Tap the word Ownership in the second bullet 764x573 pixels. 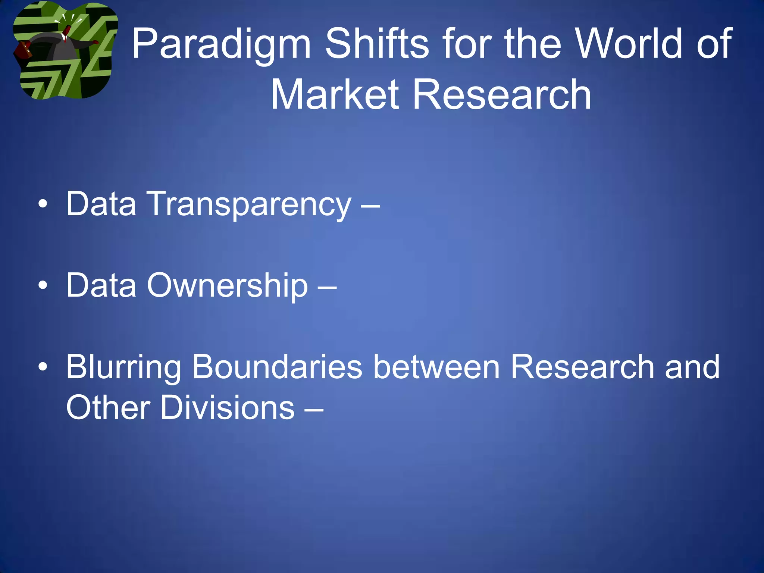228,285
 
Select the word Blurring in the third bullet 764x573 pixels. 123,367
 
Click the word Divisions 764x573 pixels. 228,407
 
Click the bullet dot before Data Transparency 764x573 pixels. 43,204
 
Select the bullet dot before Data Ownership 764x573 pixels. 43,286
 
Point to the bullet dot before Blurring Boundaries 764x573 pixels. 43,367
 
